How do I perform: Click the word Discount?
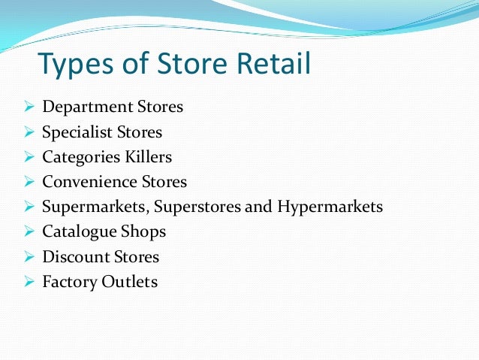click(70, 256)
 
